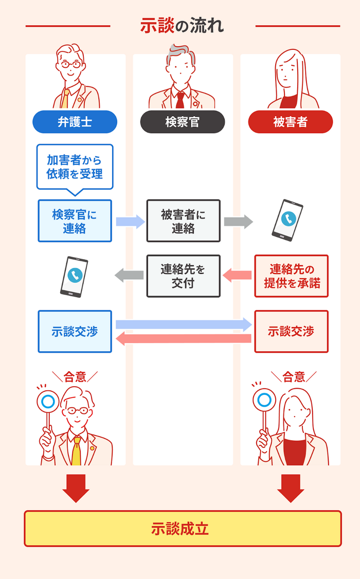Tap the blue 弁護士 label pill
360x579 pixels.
(75, 122)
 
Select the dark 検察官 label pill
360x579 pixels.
(182, 122)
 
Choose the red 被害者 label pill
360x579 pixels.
(290, 122)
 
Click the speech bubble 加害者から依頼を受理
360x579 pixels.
(75, 167)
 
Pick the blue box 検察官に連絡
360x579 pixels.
(75, 221)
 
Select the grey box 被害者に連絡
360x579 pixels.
(183, 221)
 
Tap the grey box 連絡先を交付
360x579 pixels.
(183, 276)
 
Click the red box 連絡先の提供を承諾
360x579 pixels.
(291, 276)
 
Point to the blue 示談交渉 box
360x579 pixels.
(75, 332)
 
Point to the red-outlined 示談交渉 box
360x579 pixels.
(291, 332)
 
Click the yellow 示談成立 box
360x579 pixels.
(182, 529)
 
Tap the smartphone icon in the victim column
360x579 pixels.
(287, 220)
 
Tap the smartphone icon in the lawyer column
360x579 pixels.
(74, 277)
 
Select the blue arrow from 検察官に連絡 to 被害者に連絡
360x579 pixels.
(130, 222)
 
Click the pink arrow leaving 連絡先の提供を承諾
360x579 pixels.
(238, 276)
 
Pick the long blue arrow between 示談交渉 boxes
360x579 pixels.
(183, 324)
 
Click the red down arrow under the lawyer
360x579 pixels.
(76, 488)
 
